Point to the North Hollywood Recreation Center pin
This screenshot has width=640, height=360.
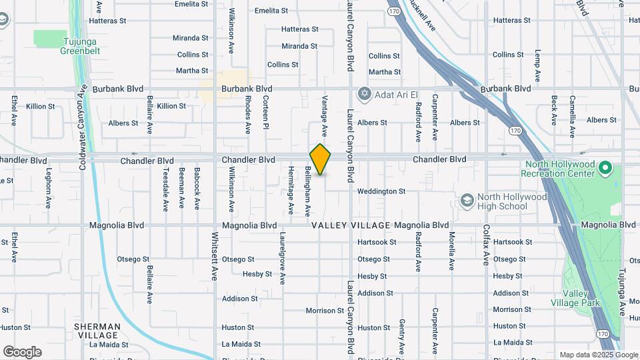click(605, 167)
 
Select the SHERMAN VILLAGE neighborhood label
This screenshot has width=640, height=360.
click(97, 331)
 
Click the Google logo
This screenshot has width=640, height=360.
click(22, 352)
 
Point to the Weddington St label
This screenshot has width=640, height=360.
click(381, 191)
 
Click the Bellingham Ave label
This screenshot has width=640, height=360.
click(308, 192)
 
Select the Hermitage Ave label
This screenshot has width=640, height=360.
click(291, 190)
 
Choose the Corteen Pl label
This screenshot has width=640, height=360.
click(265, 111)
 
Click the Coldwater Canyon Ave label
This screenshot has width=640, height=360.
click(83, 127)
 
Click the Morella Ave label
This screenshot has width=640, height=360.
click(451, 250)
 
